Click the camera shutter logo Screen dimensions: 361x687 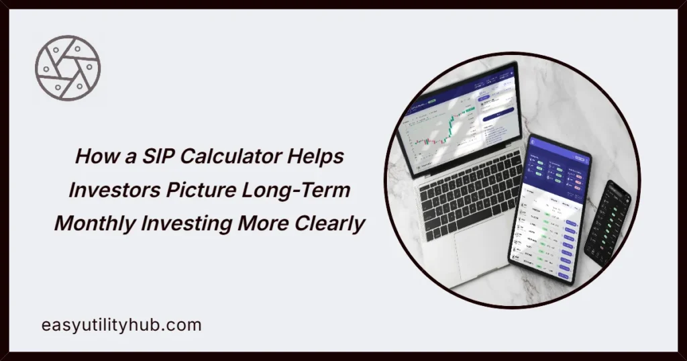pos(68,68)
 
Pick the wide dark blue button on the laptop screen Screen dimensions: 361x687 pos(497,116)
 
